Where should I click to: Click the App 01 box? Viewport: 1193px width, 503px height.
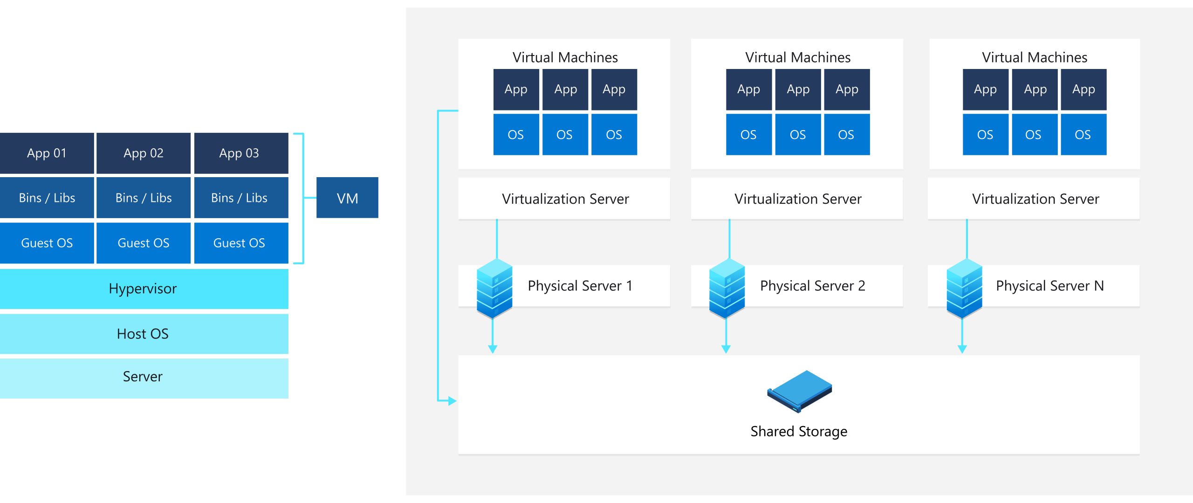click(47, 153)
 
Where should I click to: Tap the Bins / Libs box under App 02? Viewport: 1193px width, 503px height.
click(144, 198)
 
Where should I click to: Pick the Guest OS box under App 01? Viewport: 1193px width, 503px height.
click(47, 243)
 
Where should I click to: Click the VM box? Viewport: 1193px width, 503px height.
click(347, 198)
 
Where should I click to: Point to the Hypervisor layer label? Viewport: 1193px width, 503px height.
click(143, 289)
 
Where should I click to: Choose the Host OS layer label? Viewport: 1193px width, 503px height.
click(143, 334)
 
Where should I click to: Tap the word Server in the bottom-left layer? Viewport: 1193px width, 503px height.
click(143, 376)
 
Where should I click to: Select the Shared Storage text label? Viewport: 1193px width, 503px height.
click(799, 431)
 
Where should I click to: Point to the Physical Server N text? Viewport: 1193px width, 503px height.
click(1050, 285)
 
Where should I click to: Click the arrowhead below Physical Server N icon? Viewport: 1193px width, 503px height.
click(962, 349)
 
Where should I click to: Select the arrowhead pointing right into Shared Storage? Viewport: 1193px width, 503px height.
click(452, 400)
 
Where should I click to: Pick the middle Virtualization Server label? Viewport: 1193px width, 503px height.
click(798, 199)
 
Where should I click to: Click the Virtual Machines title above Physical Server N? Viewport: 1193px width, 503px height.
click(1035, 57)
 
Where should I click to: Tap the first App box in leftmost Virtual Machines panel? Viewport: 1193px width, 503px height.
click(516, 90)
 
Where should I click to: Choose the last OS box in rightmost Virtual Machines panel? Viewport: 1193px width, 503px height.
click(1083, 135)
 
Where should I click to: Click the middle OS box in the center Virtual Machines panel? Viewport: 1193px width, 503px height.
click(798, 135)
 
